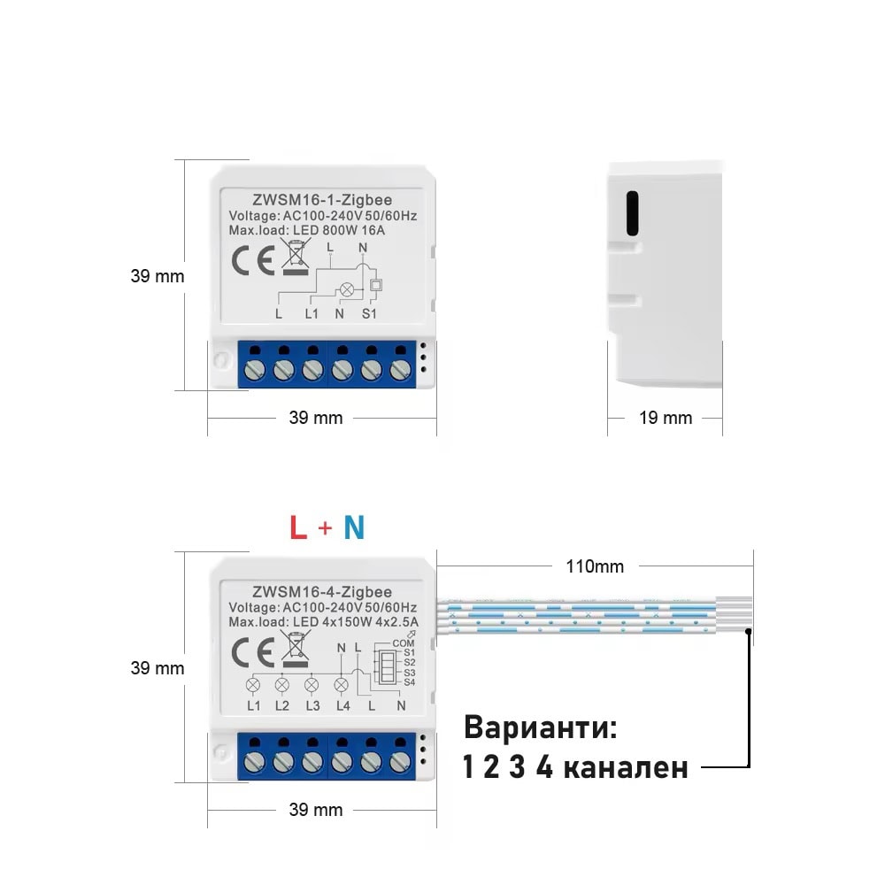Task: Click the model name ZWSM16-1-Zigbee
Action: tap(322, 200)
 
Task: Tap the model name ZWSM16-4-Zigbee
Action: tap(322, 592)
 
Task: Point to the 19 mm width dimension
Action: tap(666, 418)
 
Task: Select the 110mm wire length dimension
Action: tap(595, 566)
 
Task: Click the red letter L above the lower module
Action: tap(298, 527)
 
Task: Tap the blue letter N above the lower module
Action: tap(355, 527)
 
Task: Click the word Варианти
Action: tap(540, 727)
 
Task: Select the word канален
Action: tap(626, 767)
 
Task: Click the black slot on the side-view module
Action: tap(633, 212)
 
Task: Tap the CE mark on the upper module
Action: tap(253, 261)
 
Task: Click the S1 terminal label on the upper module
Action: tap(369, 314)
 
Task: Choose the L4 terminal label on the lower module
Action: tap(342, 705)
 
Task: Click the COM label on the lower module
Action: tap(403, 643)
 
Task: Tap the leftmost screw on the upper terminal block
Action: tap(255, 370)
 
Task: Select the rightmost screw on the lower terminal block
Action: tap(400, 763)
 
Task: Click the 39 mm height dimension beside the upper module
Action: tap(158, 276)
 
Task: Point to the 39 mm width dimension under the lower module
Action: tap(316, 810)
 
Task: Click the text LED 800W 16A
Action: tap(339, 230)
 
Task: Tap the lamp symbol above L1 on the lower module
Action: tap(253, 685)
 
